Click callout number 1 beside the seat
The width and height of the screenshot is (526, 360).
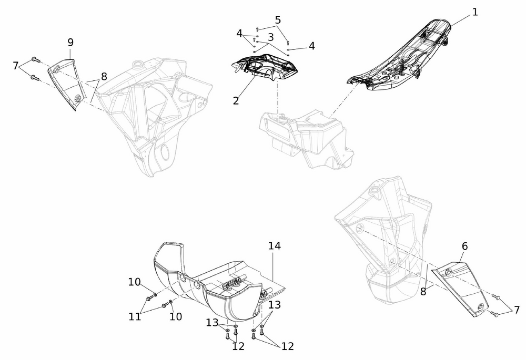pyautogui.click(x=474, y=13)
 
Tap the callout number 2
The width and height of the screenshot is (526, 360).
pyautogui.click(x=236, y=100)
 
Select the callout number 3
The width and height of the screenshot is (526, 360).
pyautogui.click(x=271, y=37)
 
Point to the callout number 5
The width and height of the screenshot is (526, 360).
pyautogui.click(x=278, y=20)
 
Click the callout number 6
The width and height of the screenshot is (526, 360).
pyautogui.click(x=464, y=246)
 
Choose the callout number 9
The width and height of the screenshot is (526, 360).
pyautogui.click(x=70, y=42)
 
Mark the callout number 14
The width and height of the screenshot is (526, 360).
pyautogui.click(x=275, y=246)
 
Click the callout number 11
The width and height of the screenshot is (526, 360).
pyautogui.click(x=135, y=316)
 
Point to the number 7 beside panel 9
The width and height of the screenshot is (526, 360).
pyautogui.click(x=15, y=66)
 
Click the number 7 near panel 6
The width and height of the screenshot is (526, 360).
pyautogui.click(x=517, y=310)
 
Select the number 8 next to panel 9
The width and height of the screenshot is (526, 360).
pyautogui.click(x=104, y=76)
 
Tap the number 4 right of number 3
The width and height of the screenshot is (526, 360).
pyautogui.click(x=312, y=46)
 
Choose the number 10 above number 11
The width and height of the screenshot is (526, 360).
pyautogui.click(x=134, y=282)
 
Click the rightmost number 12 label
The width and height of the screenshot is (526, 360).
pyautogui.click(x=288, y=346)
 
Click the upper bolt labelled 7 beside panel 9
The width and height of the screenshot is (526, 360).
pyautogui.click(x=35, y=60)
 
